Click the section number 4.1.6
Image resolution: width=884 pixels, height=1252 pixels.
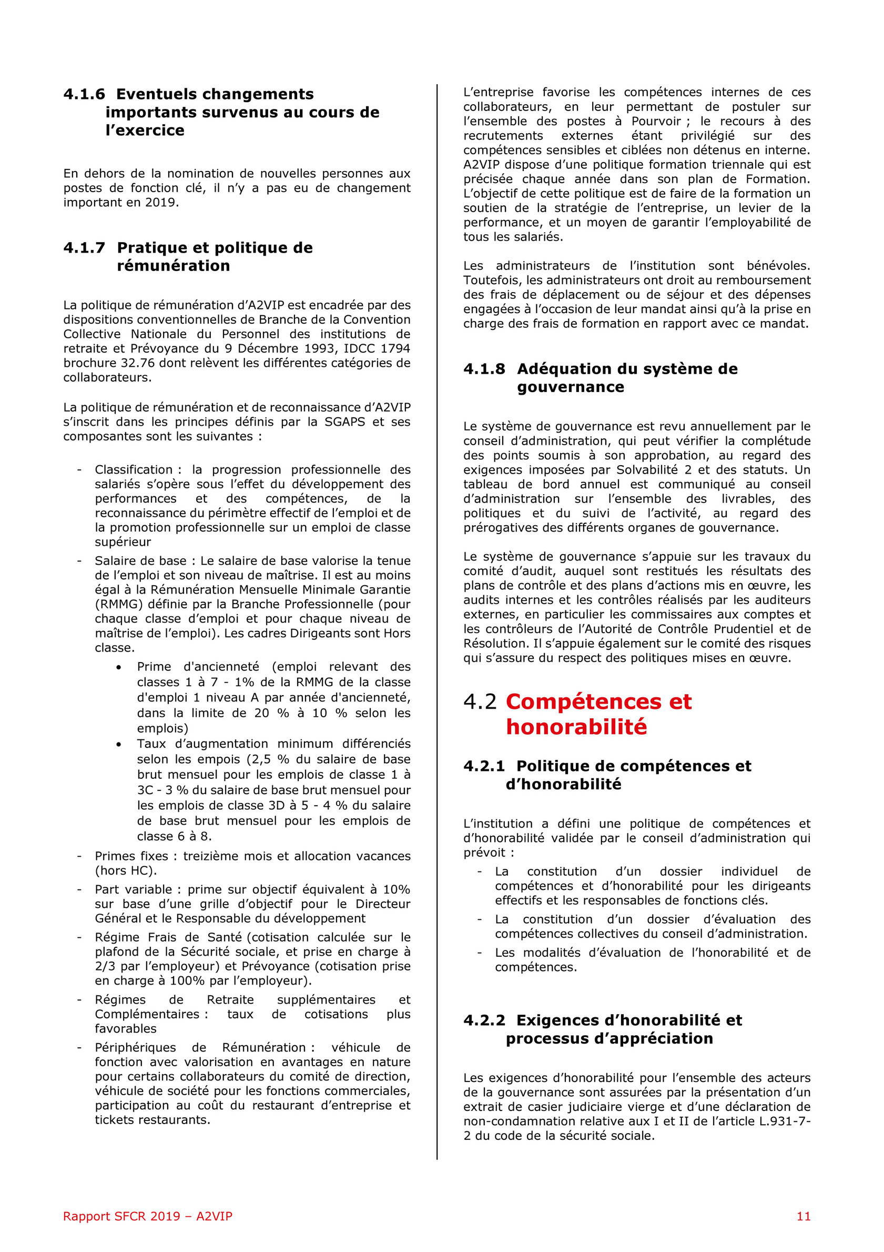(x=84, y=94)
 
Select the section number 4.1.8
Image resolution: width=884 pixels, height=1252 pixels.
(x=484, y=369)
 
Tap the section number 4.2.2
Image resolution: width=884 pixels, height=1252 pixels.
(x=484, y=1020)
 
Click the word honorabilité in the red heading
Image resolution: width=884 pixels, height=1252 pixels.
(x=576, y=727)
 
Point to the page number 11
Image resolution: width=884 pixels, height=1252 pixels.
(x=804, y=1216)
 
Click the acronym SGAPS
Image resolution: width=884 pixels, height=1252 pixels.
(x=345, y=422)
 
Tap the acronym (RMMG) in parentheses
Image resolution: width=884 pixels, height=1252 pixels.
(x=116, y=604)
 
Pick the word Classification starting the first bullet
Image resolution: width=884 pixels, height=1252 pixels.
(x=133, y=470)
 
